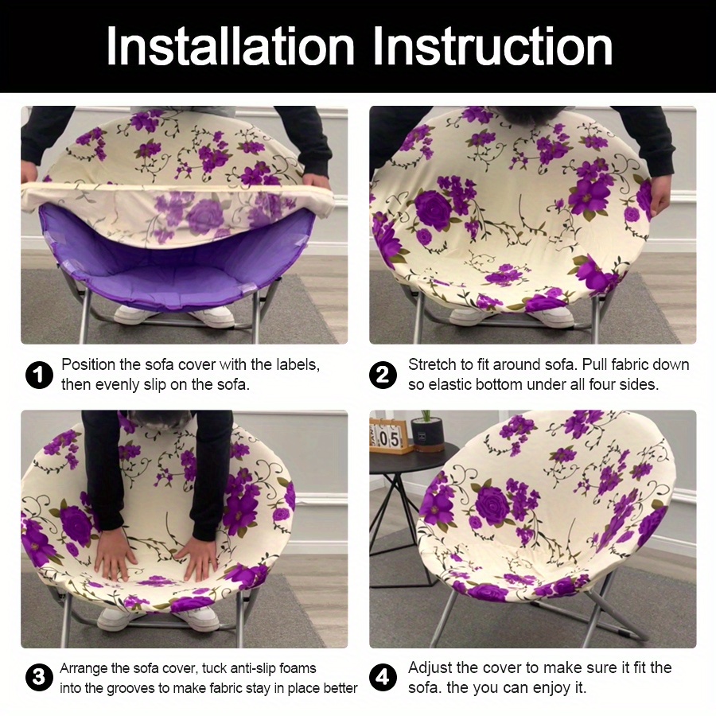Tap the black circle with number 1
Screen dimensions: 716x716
(x=39, y=375)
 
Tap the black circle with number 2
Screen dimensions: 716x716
(x=384, y=375)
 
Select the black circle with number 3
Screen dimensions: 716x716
(x=39, y=678)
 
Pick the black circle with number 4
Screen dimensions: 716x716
(x=384, y=678)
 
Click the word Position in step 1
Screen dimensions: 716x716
(x=88, y=365)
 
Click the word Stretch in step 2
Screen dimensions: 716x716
(x=432, y=365)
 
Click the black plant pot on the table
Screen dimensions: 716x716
(x=428, y=435)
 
